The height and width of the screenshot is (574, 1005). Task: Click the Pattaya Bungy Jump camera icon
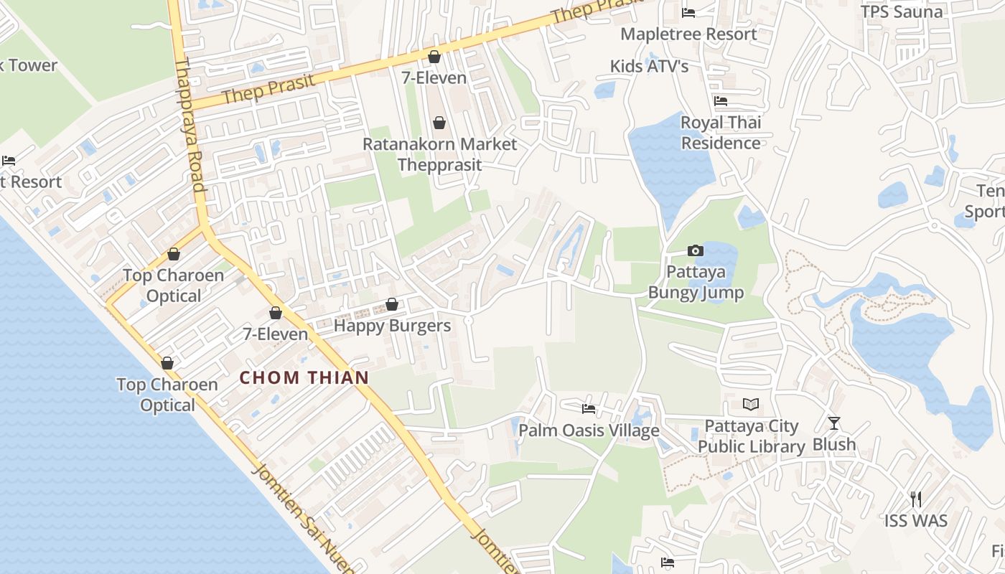pos(695,250)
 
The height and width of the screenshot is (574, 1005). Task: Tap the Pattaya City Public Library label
pos(751,436)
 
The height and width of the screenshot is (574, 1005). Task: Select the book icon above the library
pos(750,405)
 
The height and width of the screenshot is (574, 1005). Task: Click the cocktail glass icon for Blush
pos(833,423)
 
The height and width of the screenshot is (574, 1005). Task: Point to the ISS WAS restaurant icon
pos(915,499)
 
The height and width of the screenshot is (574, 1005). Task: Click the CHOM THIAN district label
pos(304,377)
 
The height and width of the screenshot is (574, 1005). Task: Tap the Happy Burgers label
pos(392,326)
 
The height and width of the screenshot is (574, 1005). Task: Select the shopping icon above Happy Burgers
pos(392,305)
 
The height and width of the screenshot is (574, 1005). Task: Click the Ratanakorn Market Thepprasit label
pos(439,154)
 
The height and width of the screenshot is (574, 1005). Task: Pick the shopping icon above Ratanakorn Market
pos(439,123)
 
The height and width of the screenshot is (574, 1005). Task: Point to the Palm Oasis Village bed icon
pos(589,409)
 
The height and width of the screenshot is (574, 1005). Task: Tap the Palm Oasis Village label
pos(589,430)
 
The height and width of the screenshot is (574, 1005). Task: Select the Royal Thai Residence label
pos(721,133)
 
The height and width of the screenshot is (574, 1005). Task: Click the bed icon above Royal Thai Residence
pos(721,101)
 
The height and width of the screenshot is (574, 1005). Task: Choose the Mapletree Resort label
pos(688,34)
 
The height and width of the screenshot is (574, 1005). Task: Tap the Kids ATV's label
pos(649,67)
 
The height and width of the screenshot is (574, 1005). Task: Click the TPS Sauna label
pos(902,11)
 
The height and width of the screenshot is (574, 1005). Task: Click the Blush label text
pos(834,445)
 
